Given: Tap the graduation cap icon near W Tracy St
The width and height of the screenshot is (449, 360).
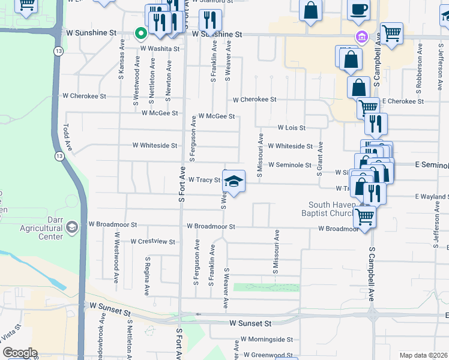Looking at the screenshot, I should (234, 181).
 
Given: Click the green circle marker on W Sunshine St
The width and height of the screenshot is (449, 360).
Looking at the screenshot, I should (140, 34).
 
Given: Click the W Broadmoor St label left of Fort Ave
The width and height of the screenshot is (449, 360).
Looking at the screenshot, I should (113, 224).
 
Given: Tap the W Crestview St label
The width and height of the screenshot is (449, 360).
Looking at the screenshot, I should (152, 242).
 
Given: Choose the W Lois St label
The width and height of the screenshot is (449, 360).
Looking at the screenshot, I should (292, 128).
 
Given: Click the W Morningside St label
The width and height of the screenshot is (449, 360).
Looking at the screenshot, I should (267, 339).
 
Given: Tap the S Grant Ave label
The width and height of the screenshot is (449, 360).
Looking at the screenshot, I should (321, 158).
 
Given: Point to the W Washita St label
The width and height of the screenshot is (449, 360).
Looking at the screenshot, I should (160, 48).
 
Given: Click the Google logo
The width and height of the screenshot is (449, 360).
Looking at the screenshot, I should (20, 353).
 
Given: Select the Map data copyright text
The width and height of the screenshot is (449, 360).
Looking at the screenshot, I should (423, 355).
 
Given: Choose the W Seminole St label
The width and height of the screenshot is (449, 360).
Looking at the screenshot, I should (289, 164).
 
